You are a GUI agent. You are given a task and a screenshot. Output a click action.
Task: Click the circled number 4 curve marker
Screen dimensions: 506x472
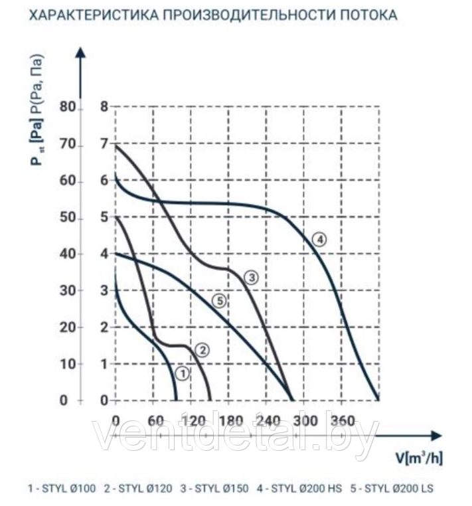(x=320, y=240)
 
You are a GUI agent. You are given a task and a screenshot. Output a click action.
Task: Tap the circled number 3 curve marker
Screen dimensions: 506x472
(x=251, y=277)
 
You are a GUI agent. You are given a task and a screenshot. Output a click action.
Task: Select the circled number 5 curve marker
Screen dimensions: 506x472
(x=220, y=301)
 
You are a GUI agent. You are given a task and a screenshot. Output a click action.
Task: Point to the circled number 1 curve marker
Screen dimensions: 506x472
(x=183, y=373)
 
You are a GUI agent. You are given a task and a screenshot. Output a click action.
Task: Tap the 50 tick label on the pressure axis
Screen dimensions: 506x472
(x=67, y=218)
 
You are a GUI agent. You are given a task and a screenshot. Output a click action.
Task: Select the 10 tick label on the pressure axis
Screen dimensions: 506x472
(x=67, y=363)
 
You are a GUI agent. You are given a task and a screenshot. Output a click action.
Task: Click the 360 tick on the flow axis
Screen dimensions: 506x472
(x=343, y=420)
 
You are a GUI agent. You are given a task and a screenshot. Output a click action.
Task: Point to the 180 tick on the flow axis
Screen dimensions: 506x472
(x=229, y=420)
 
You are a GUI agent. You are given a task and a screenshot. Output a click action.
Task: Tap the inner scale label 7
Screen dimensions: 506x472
(x=103, y=145)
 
